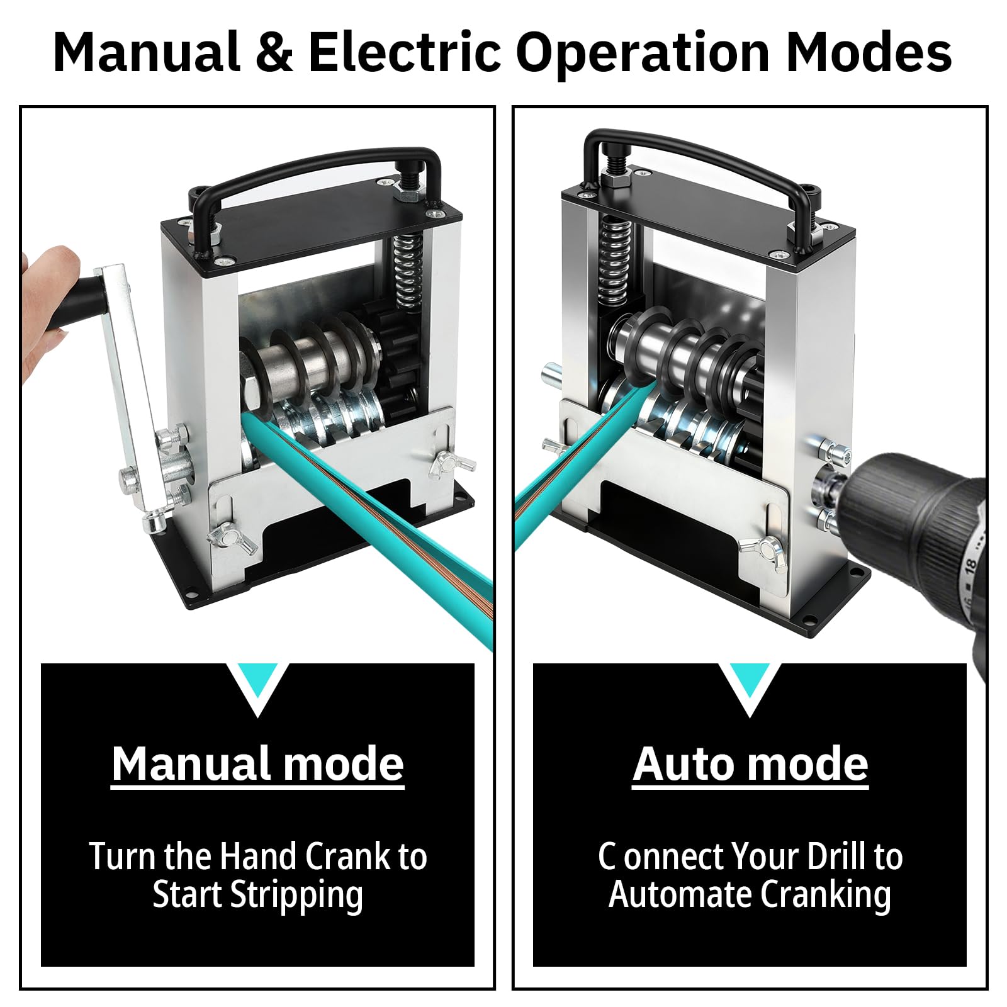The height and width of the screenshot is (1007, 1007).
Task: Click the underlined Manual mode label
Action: (258, 764)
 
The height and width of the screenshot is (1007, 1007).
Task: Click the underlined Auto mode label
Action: (750, 764)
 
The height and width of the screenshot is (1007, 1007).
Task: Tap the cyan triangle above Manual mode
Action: (257, 690)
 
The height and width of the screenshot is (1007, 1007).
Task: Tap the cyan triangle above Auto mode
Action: (749, 690)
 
